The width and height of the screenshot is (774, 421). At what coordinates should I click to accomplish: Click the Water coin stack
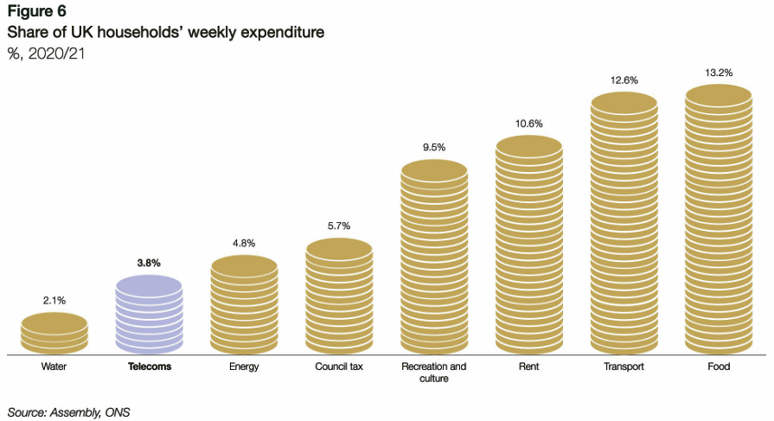(54, 334)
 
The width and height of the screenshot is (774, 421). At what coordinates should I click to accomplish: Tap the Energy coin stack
(244, 305)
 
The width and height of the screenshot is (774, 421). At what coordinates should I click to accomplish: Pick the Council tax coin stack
(339, 297)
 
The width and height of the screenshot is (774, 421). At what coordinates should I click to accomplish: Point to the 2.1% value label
(54, 300)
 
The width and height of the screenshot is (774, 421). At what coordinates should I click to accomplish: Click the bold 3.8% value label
(149, 262)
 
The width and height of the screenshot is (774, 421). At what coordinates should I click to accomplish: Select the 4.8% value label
(244, 243)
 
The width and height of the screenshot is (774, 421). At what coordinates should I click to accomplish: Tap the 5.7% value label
(339, 226)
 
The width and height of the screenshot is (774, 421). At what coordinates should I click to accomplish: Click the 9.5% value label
(434, 147)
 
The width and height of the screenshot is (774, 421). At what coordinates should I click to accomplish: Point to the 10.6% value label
(529, 124)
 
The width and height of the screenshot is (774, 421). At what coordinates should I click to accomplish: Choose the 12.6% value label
(624, 80)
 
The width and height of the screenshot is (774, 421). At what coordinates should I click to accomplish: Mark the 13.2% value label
(719, 73)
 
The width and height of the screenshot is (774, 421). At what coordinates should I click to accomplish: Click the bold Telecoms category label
(149, 367)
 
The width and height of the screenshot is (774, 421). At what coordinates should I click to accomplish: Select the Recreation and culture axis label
(434, 373)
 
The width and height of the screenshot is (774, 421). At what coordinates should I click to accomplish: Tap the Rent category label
(529, 367)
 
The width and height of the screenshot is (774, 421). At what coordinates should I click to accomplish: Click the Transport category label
(624, 367)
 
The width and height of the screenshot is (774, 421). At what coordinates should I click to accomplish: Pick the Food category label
(719, 367)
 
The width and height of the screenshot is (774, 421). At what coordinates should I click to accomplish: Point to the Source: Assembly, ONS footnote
(68, 411)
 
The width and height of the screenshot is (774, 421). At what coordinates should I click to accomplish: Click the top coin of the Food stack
(719, 93)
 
